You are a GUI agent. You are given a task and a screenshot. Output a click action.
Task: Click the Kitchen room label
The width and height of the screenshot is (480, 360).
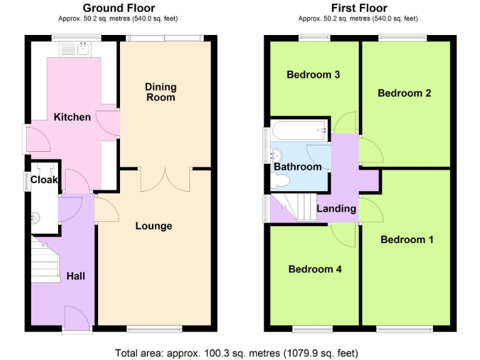tap(72, 117)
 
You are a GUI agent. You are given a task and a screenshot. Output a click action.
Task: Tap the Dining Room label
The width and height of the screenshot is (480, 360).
tap(161, 92)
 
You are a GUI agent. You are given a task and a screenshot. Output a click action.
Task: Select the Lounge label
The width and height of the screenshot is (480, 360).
tap(154, 226)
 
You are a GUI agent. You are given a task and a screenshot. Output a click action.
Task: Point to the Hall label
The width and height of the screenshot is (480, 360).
tap(75, 276)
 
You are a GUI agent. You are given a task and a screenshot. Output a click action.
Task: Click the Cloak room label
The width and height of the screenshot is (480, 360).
tap(44, 180)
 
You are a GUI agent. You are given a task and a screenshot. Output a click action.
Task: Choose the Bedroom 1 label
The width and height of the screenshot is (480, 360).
tap(407, 239)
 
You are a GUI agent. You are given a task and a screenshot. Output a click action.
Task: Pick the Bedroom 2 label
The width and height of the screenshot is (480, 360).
tap(404, 93)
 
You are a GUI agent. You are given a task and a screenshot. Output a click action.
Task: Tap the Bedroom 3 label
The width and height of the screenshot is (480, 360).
tap(313, 75)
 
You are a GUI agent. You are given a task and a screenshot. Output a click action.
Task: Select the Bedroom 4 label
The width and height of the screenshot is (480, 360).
tap(315, 269)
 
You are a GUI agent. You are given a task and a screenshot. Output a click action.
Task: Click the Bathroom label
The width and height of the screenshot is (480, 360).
tap(297, 167)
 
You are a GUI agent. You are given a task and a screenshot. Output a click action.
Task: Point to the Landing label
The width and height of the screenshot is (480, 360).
tap(336, 209)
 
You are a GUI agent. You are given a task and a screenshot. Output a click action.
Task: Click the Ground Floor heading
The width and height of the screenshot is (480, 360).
tap(119, 8)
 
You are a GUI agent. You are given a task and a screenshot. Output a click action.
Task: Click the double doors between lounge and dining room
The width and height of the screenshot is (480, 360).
tap(165, 179)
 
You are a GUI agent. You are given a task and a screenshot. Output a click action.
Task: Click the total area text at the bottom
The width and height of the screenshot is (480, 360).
tap(237, 352)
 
